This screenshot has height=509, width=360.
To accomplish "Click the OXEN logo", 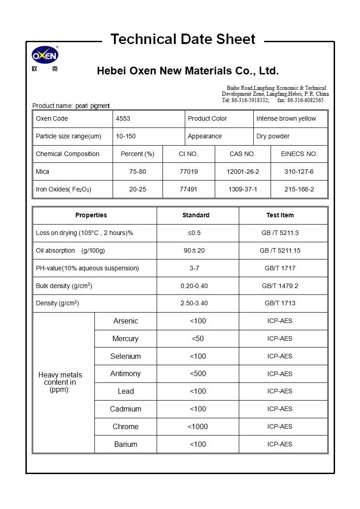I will tap(45, 56).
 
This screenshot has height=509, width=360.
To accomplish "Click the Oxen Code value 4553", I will tap(123, 119).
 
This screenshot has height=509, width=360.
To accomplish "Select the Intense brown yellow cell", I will tap(286, 119).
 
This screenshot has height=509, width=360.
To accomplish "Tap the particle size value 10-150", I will tap(126, 136).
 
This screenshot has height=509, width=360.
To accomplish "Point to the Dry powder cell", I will tap(273, 136).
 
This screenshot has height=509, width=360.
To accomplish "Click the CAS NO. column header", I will tap(242, 154).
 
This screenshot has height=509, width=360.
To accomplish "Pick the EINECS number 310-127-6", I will tap(299, 172).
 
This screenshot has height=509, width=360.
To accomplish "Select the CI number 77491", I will tap(188, 189).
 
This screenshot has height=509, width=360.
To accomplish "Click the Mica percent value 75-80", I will tap(138, 172).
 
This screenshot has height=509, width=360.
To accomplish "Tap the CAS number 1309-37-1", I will tap(242, 189).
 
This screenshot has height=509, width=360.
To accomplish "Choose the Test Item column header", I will tap(280, 215).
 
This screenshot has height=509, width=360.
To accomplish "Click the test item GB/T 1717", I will tap(280, 268).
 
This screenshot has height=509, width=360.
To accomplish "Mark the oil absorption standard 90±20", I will tap(194, 250).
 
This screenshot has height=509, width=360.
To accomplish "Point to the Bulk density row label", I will tap(64, 286).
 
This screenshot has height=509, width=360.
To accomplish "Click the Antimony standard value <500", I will tap(198, 374).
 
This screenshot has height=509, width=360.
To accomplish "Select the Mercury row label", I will tap(125, 339).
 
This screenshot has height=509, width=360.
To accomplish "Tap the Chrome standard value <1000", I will tap(198, 427).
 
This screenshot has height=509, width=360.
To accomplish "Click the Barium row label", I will tap(125, 445).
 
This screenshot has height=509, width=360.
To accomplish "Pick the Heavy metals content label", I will tap(60, 382).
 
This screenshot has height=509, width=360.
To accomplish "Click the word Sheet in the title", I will tap(236, 39).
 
